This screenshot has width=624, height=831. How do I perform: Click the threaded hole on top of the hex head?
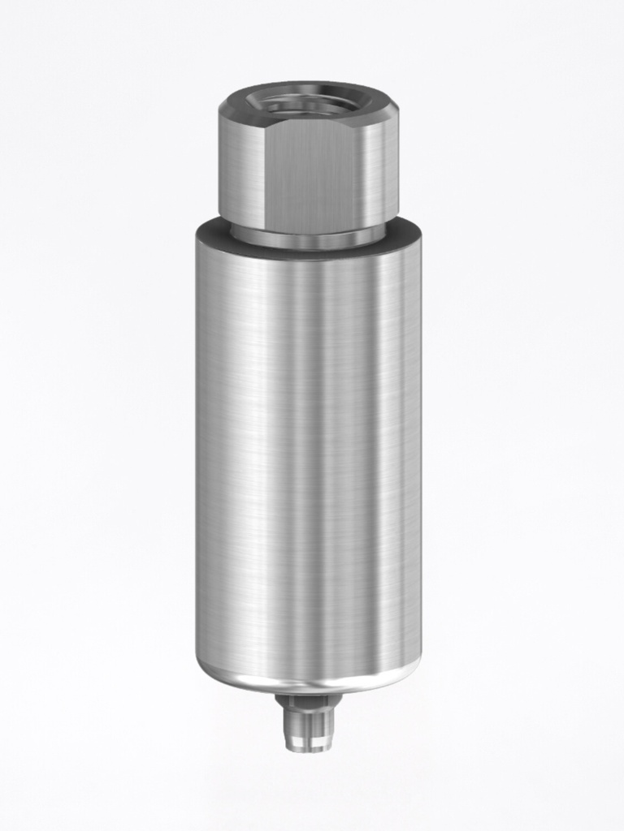tap(309, 103)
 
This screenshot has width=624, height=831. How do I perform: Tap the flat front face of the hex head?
tap(313, 174)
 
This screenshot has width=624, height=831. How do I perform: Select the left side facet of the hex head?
tap(240, 170)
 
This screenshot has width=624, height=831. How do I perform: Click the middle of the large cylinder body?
tap(309, 454)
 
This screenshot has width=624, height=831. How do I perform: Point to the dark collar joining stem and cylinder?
tap(308, 700)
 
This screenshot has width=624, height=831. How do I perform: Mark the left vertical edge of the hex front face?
tap(265, 174)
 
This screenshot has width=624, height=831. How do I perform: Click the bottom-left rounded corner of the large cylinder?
tap(203, 661)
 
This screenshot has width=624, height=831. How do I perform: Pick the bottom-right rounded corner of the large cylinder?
tap(414, 661)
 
